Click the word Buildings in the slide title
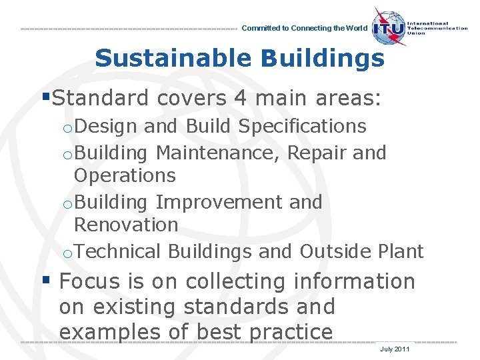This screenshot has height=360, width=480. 323,59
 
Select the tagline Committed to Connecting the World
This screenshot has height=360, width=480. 303,29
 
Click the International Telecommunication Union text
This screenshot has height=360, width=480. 441,29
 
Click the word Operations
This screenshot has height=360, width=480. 125,176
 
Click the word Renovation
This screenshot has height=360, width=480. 126,225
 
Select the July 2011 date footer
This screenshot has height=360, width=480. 395,349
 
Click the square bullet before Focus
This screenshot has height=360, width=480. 46,280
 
